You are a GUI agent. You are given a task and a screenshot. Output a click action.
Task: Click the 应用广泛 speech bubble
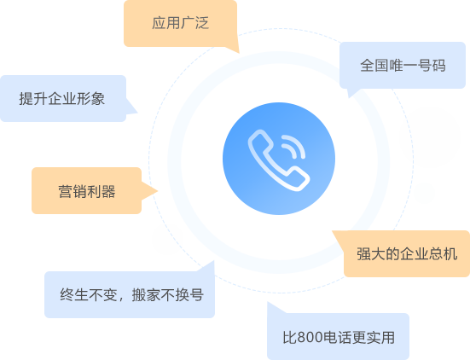(181, 23)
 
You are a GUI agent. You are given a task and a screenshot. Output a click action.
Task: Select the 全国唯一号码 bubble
(403, 66)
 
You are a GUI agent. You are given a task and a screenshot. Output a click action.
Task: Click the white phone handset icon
(276, 163)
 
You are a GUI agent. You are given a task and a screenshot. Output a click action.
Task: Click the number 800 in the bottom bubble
(310, 337)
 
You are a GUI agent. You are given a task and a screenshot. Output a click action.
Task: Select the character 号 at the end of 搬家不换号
(197, 294)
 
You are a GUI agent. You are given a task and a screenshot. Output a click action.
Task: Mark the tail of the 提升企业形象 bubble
(133, 108)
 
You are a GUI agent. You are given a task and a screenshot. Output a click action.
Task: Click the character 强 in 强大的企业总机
(363, 254)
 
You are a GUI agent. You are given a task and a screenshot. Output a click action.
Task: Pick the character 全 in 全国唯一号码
(367, 66)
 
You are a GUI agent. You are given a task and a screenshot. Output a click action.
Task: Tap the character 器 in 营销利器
(108, 191)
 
